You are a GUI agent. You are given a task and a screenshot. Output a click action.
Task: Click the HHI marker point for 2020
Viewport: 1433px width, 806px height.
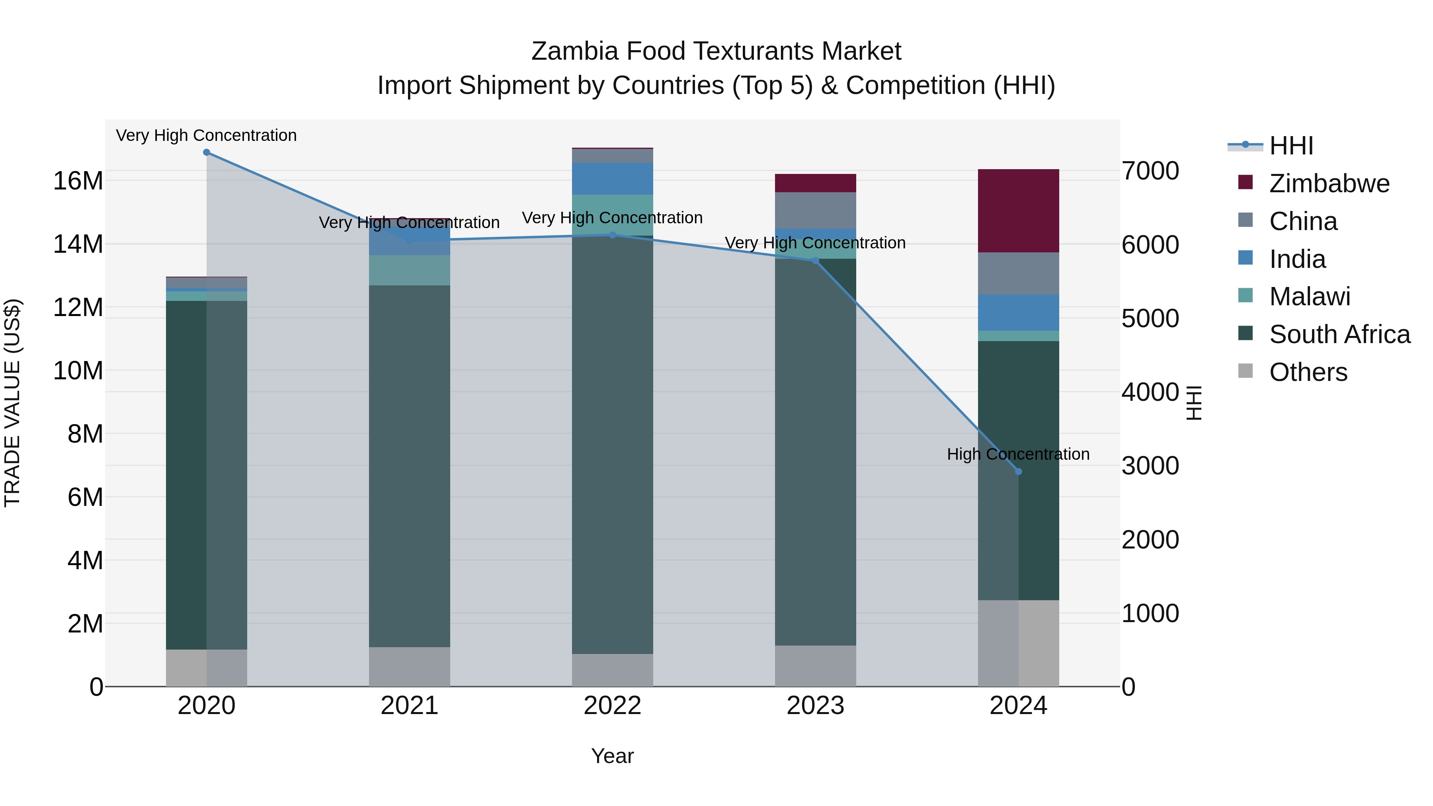(206, 152)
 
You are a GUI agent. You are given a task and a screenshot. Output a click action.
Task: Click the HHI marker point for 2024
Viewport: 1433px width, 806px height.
(1018, 472)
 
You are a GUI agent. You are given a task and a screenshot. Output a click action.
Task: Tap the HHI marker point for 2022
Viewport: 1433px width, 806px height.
(613, 235)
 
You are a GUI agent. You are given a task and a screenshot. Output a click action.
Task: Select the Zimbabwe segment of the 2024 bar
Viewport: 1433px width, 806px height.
(1018, 211)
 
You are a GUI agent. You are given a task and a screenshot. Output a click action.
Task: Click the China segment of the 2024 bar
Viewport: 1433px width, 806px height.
(1018, 274)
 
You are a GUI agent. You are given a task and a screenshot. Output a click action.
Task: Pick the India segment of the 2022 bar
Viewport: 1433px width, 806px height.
(613, 179)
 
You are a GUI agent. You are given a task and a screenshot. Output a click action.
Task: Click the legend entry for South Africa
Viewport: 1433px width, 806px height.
(1339, 335)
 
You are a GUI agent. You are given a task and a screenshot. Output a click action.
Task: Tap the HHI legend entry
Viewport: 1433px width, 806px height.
(1290, 146)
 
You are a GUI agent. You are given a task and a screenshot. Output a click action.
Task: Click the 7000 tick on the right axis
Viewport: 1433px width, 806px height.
(1150, 171)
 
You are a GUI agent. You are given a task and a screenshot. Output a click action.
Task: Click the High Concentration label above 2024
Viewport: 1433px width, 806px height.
(1017, 455)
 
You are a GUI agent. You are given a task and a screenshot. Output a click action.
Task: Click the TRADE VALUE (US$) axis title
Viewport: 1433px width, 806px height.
(13, 403)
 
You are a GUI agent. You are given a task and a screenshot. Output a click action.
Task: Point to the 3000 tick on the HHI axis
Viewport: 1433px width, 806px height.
(1150, 466)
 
